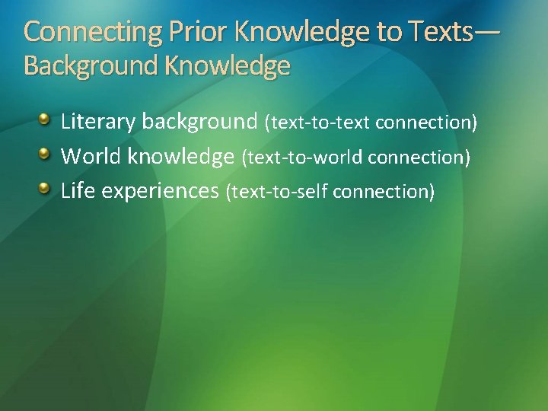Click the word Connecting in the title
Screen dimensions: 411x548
tap(71, 32)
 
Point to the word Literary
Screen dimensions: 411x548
tap(98, 121)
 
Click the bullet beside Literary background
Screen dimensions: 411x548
tap(46, 120)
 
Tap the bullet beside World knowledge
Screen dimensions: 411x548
tap(46, 155)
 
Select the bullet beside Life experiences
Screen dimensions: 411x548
tap(46, 189)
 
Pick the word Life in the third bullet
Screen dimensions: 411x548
tap(78, 190)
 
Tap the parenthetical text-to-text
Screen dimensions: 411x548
tap(318, 123)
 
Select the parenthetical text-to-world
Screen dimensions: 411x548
tap(301, 158)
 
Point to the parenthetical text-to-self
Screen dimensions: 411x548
tap(278, 192)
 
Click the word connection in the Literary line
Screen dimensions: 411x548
tap(426, 123)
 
